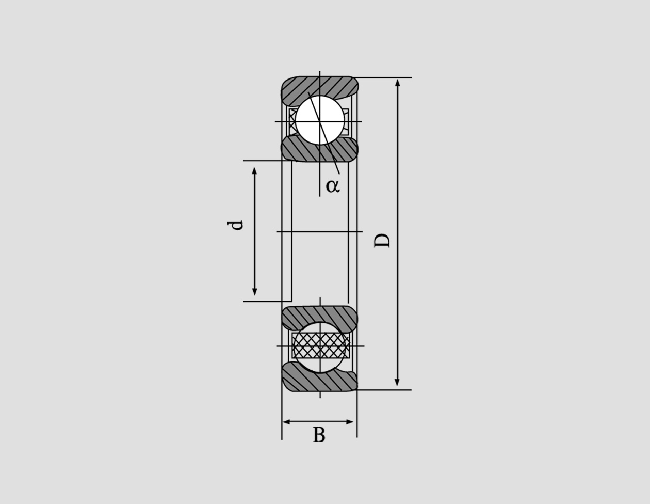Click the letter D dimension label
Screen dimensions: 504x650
pyautogui.click(x=382, y=240)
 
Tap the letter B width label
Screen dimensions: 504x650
pyautogui.click(x=319, y=435)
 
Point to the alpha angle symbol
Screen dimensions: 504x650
pyautogui.click(x=333, y=185)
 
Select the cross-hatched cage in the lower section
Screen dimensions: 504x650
pyautogui.click(x=320, y=345)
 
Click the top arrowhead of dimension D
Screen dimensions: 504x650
pyautogui.click(x=397, y=83)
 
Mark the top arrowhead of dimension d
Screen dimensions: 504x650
pyautogui.click(x=254, y=171)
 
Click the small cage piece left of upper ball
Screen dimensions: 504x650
pyautogui.click(x=292, y=121)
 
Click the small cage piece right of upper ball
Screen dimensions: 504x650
pyautogui.click(x=346, y=121)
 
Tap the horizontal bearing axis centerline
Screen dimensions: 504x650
pyautogui.click(x=319, y=232)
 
